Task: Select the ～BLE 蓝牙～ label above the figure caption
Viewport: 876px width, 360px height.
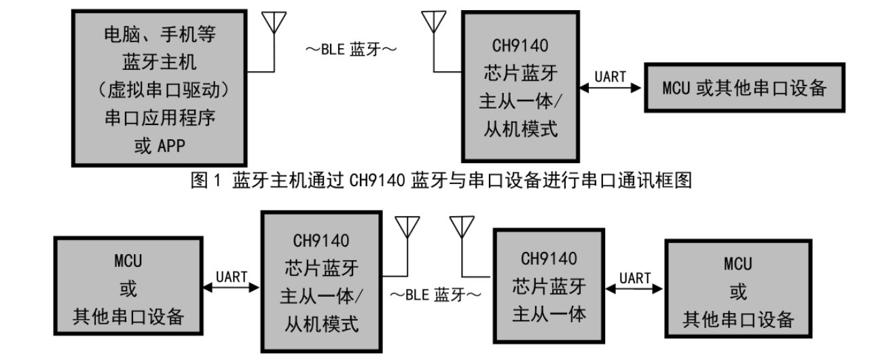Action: (350, 50)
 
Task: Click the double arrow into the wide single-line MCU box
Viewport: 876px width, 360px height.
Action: (610, 89)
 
